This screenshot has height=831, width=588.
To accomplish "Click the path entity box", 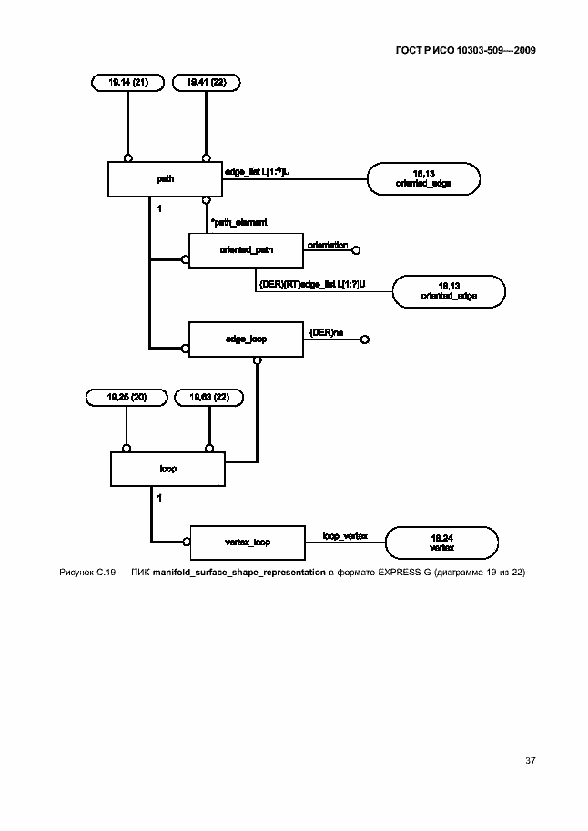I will point(166,179).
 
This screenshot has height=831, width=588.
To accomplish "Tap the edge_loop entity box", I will point(246,339).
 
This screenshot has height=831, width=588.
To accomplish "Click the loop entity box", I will point(167,469).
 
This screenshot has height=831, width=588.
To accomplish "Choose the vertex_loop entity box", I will point(246,542).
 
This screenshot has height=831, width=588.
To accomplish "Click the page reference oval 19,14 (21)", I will point(128,82).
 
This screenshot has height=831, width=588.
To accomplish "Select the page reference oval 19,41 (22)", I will point(206,82).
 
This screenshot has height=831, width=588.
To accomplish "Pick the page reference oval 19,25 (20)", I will point(126,397).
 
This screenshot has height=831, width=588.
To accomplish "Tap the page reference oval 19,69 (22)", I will point(209,397).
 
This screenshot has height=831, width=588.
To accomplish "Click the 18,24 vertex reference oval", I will point(441,542).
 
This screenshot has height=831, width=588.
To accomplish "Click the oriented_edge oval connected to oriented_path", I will point(449,292).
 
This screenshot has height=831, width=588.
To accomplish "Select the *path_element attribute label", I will point(238,221).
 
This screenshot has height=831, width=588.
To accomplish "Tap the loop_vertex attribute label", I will point(343,536).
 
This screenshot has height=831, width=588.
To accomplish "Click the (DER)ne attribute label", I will point(326,333).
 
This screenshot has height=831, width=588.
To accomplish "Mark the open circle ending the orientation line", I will point(357,250).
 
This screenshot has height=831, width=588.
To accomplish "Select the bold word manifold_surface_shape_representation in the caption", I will point(239,573).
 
